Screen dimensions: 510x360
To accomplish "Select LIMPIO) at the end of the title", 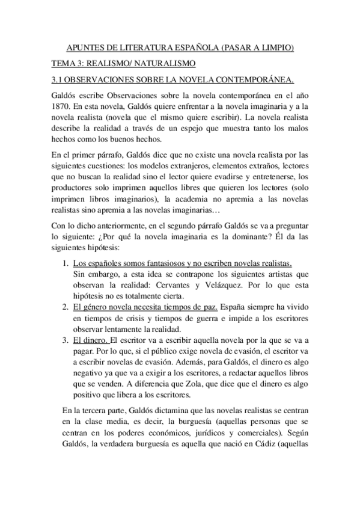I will (x=277, y=48).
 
